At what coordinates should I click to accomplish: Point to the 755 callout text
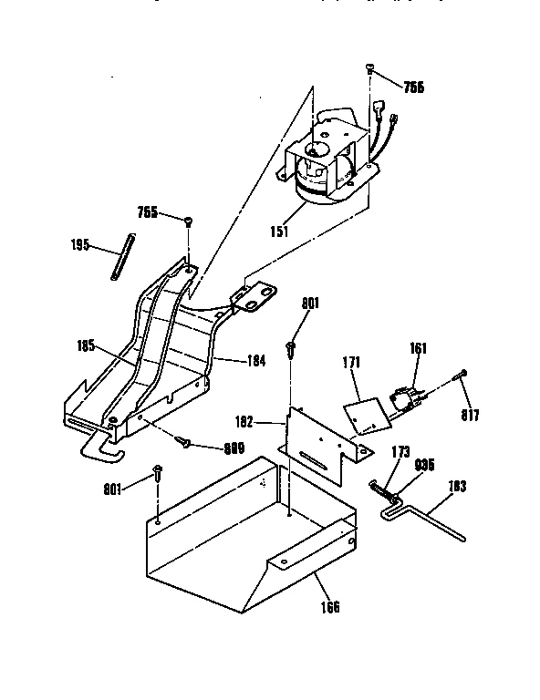148,212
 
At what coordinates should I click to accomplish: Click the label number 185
88,345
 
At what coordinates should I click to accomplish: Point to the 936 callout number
425,464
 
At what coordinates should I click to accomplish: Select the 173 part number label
400,452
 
